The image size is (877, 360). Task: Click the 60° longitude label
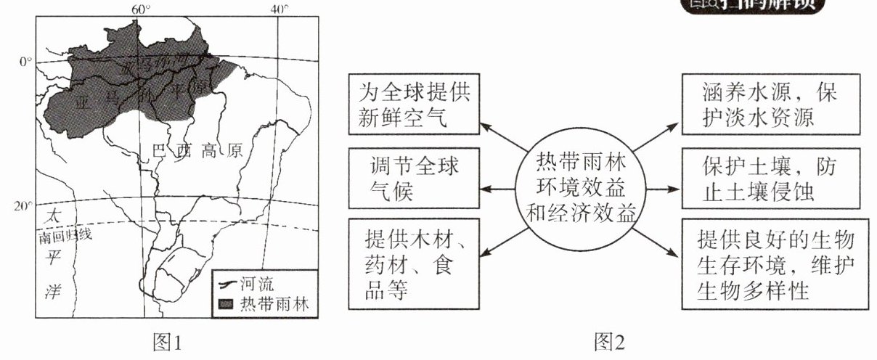140,9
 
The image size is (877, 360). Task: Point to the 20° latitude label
23,206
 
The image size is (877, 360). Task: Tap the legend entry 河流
269,284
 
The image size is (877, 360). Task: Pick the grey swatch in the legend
227,303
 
